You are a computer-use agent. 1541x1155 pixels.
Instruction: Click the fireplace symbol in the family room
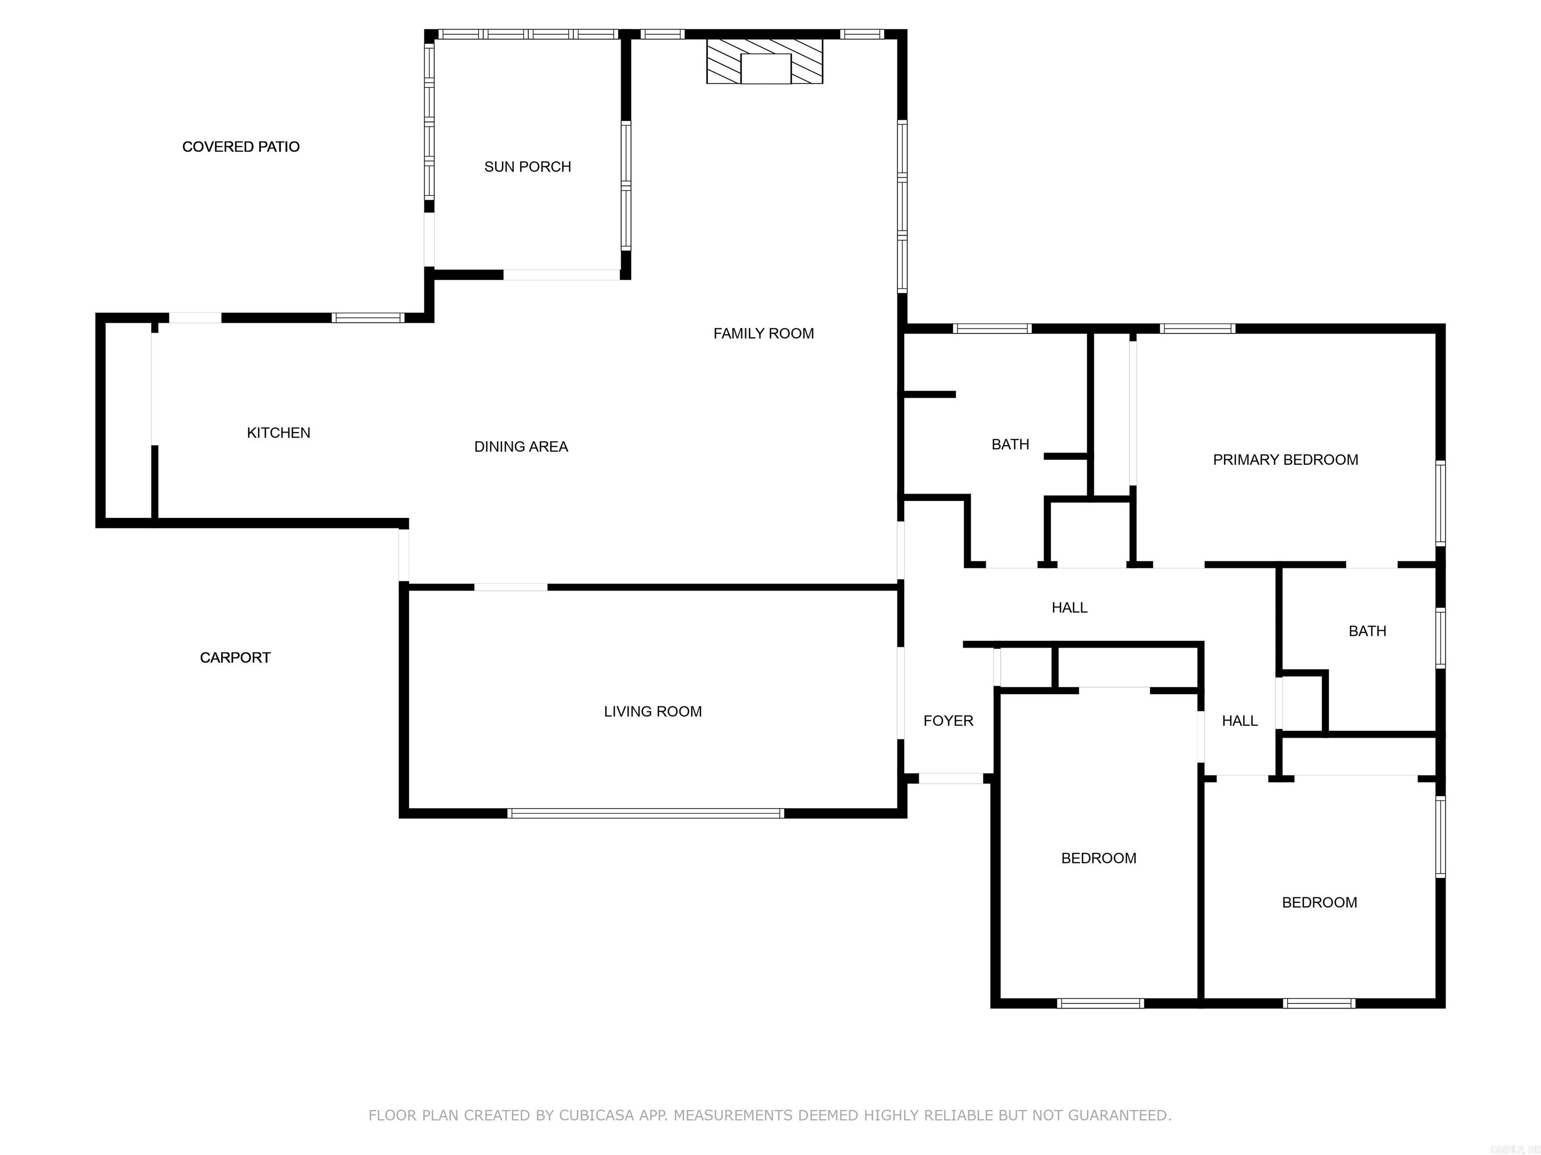click(x=764, y=61)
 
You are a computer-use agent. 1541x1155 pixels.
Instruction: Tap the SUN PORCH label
click(x=527, y=167)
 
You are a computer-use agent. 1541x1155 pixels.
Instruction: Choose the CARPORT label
click(x=235, y=658)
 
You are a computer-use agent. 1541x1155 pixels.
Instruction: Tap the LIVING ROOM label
click(x=652, y=711)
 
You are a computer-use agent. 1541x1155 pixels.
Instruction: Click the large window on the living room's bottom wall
click(x=645, y=813)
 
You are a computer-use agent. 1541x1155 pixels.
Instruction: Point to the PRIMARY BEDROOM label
click(x=1285, y=460)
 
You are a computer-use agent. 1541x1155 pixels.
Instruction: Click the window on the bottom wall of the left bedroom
click(x=1100, y=1003)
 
